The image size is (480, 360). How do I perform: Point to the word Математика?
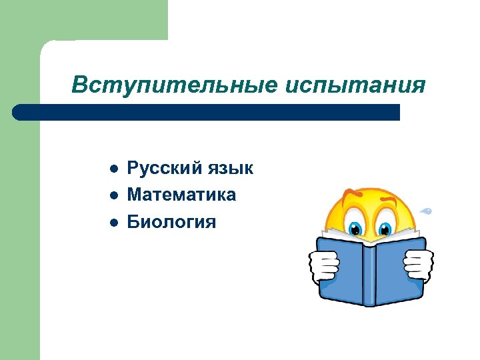[x=181, y=195]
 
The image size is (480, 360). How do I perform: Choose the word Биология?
[x=171, y=221]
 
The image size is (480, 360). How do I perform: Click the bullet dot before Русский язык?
[x=114, y=169]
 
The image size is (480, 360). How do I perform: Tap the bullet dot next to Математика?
[x=114, y=195]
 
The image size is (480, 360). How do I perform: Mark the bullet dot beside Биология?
[x=114, y=222]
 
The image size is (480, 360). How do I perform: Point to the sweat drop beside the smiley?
[x=426, y=212]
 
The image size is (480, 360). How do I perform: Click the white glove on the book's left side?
[x=324, y=265]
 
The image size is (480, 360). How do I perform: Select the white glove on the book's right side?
[x=419, y=265]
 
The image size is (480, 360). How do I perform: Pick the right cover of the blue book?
[x=398, y=270]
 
